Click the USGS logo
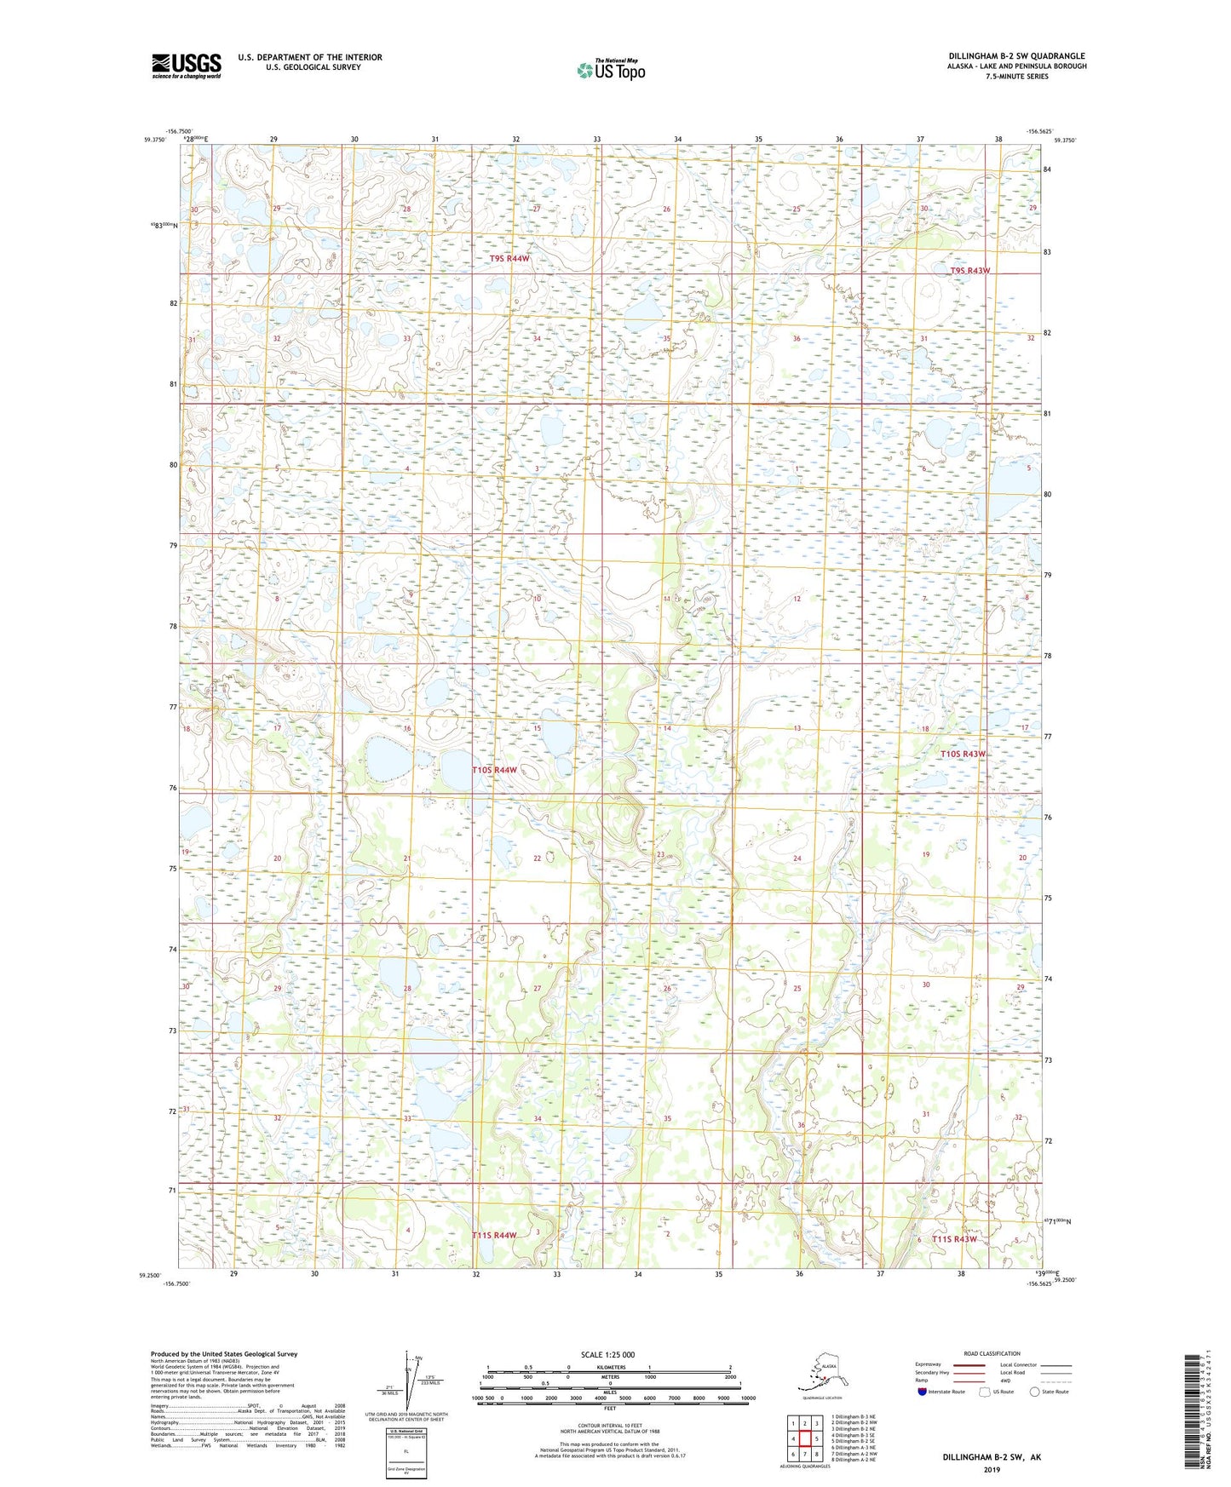pyautogui.click(x=187, y=66)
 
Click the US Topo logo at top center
pyautogui.click(x=610, y=70)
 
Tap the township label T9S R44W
pyautogui.click(x=509, y=258)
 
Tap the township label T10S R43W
pyautogui.click(x=963, y=755)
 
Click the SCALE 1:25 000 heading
pyautogui.click(x=607, y=1354)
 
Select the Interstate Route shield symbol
pyautogui.click(x=923, y=1392)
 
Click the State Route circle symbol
pyautogui.click(x=1035, y=1392)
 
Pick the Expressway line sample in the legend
pyautogui.click(x=969, y=1364)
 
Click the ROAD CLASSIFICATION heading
pyautogui.click(x=992, y=1353)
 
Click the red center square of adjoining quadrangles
pyautogui.click(x=804, y=1438)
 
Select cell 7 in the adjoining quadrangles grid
pyautogui.click(x=804, y=1454)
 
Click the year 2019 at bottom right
pyautogui.click(x=992, y=1469)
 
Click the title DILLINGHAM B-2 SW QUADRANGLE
pyautogui.click(x=1016, y=56)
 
